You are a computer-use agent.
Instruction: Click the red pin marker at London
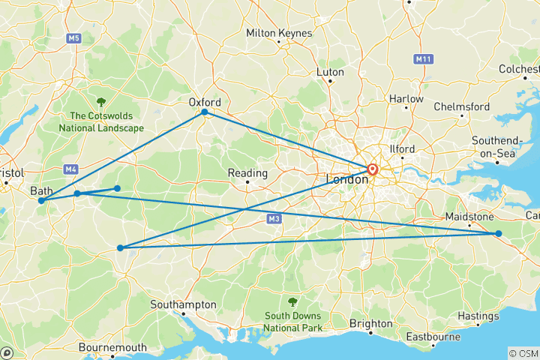click(372, 169)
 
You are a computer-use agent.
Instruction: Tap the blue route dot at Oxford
click(204, 112)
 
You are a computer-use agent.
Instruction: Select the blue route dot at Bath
click(40, 201)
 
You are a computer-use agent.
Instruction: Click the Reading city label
click(247, 173)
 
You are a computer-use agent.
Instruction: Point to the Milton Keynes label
click(279, 33)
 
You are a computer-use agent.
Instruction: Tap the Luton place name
click(331, 72)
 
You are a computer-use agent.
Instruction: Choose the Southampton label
click(183, 305)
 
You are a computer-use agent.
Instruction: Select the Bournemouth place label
click(112, 347)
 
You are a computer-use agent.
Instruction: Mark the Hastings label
click(478, 316)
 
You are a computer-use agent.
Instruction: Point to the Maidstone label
click(469, 217)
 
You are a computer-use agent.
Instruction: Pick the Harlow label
click(406, 99)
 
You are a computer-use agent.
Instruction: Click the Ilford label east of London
click(402, 149)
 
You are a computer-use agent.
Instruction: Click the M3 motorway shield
click(274, 219)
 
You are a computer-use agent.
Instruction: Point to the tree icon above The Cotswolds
click(101, 101)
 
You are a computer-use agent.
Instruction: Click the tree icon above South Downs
click(292, 302)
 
